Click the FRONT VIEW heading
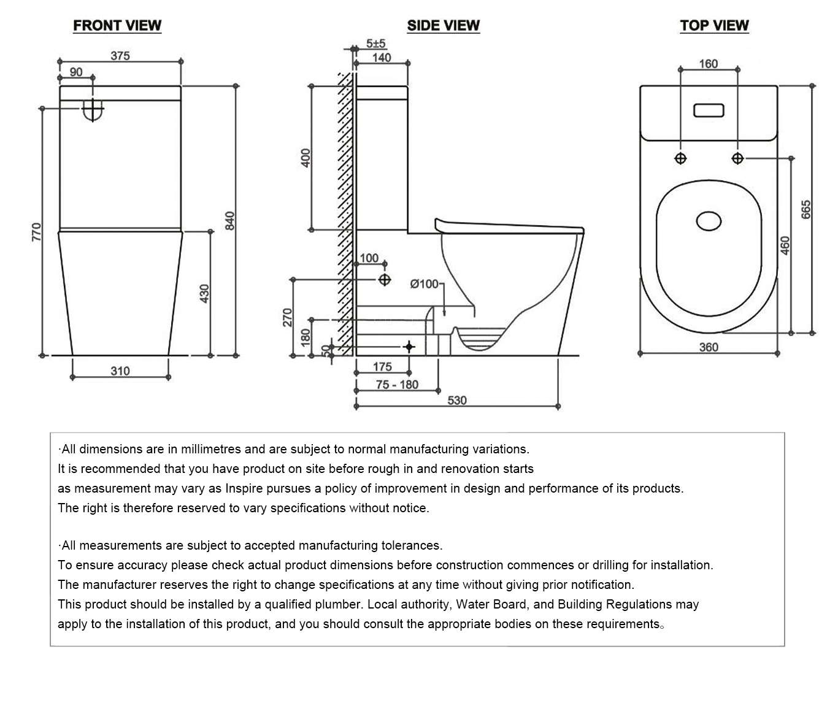(117, 25)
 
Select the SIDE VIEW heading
(443, 25)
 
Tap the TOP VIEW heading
(714, 25)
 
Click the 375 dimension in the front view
(120, 55)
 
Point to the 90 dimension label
(75, 72)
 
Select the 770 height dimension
(36, 232)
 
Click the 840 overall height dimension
(230, 220)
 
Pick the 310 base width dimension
(120, 371)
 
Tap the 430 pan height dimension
(205, 293)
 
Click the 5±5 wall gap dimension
(375, 44)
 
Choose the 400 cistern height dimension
(306, 158)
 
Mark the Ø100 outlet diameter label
(425, 284)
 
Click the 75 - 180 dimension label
(397, 385)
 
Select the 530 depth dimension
(457, 400)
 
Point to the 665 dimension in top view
(806, 209)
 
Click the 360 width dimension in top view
(709, 347)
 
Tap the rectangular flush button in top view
(709, 111)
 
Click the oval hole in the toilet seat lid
(709, 221)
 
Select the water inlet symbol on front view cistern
(93, 110)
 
